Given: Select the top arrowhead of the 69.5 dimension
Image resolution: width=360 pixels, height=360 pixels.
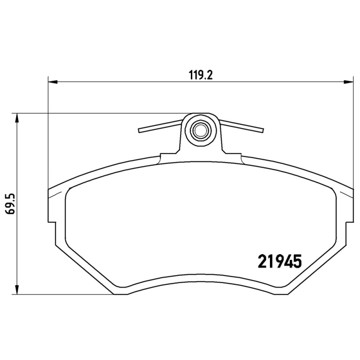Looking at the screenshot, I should click(x=17, y=118).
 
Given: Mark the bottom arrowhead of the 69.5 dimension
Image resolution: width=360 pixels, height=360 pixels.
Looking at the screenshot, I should click(x=17, y=290).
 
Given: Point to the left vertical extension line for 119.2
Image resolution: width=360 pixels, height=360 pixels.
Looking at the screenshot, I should click(x=48, y=135).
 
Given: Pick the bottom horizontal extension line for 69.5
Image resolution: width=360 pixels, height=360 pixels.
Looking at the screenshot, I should click(x=63, y=295).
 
